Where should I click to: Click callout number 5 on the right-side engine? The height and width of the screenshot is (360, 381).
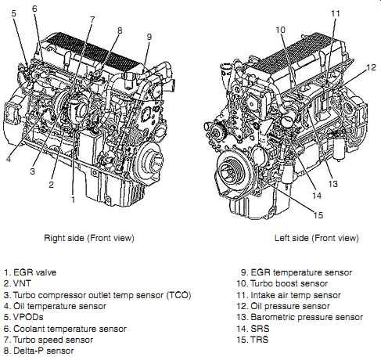[x=13, y=13]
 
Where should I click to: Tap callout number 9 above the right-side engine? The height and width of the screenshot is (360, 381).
[x=149, y=37]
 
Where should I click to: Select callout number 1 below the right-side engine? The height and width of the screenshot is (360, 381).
[x=74, y=200]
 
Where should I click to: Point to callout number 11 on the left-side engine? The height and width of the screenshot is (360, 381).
[x=336, y=13]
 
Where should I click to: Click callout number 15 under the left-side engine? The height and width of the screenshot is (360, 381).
[x=318, y=215]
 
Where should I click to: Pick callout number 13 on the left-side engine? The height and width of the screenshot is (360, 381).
[x=332, y=184]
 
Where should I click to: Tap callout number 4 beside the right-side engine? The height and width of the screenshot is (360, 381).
[x=9, y=158]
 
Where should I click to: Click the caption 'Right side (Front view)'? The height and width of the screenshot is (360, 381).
[x=89, y=238]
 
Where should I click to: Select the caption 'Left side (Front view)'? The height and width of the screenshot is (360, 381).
[x=317, y=238]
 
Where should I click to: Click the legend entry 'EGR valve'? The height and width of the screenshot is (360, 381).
[x=34, y=272]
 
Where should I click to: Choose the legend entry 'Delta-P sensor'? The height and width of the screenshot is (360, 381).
[x=43, y=351]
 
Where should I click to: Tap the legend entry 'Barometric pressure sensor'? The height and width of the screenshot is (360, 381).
[x=307, y=317]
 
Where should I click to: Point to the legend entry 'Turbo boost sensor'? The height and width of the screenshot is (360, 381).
[x=289, y=283]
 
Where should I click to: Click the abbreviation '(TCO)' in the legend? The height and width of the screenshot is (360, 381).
[x=179, y=295]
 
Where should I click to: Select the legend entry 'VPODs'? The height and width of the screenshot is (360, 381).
[x=28, y=317]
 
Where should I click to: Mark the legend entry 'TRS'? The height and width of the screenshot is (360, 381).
[x=259, y=340]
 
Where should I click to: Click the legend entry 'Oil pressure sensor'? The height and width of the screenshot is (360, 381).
[x=290, y=306]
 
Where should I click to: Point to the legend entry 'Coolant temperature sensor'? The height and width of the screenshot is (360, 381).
[x=70, y=329]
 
